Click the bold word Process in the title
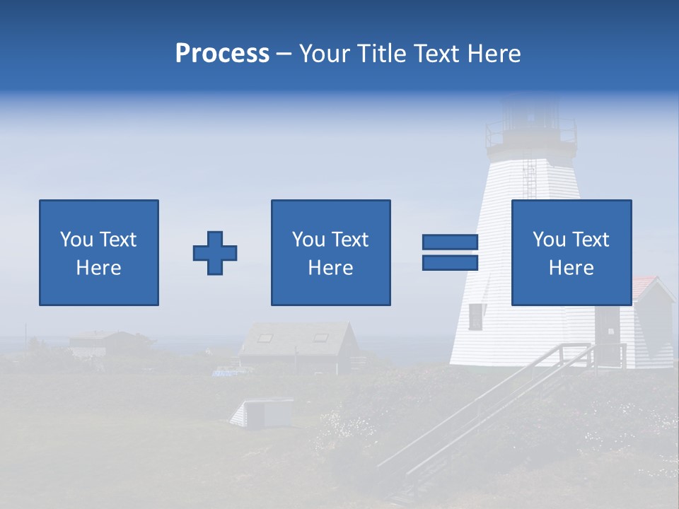coord(222,54)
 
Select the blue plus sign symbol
coord(215,252)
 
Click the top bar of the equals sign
coord(450,242)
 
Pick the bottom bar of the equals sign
coord(450,263)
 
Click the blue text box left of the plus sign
coord(99,252)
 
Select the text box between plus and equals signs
coord(330,252)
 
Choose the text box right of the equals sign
coord(571,252)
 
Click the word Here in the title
coord(493,54)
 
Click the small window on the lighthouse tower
coord(476,316)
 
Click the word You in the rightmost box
coord(549,240)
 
